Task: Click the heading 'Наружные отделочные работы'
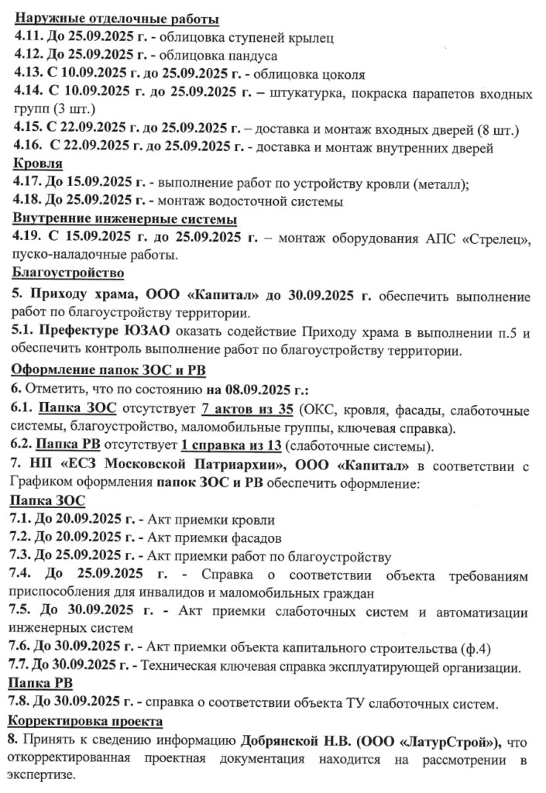116,19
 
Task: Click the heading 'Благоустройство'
68,273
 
